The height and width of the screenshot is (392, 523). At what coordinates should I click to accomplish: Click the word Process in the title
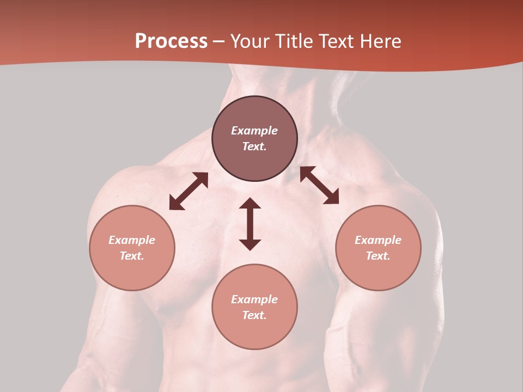171,41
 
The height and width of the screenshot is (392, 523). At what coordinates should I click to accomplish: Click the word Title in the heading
294,41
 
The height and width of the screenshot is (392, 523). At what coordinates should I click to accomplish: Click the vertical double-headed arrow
250,224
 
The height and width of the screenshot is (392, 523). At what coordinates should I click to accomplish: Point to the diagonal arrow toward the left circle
188,191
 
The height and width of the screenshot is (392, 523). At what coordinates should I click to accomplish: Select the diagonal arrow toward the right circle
319,185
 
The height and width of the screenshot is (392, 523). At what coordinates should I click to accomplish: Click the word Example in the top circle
254,131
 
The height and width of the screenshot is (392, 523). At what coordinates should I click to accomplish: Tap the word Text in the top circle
254,146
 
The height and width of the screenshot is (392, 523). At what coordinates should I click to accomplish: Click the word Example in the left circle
132,240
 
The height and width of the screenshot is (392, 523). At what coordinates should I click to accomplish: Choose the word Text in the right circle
378,256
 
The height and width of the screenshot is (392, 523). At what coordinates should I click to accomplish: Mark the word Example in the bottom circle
254,299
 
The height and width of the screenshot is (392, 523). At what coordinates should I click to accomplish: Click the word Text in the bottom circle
254,315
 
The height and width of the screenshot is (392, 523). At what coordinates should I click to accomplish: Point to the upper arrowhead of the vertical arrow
250,203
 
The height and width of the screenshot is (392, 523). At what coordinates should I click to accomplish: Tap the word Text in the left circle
132,256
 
